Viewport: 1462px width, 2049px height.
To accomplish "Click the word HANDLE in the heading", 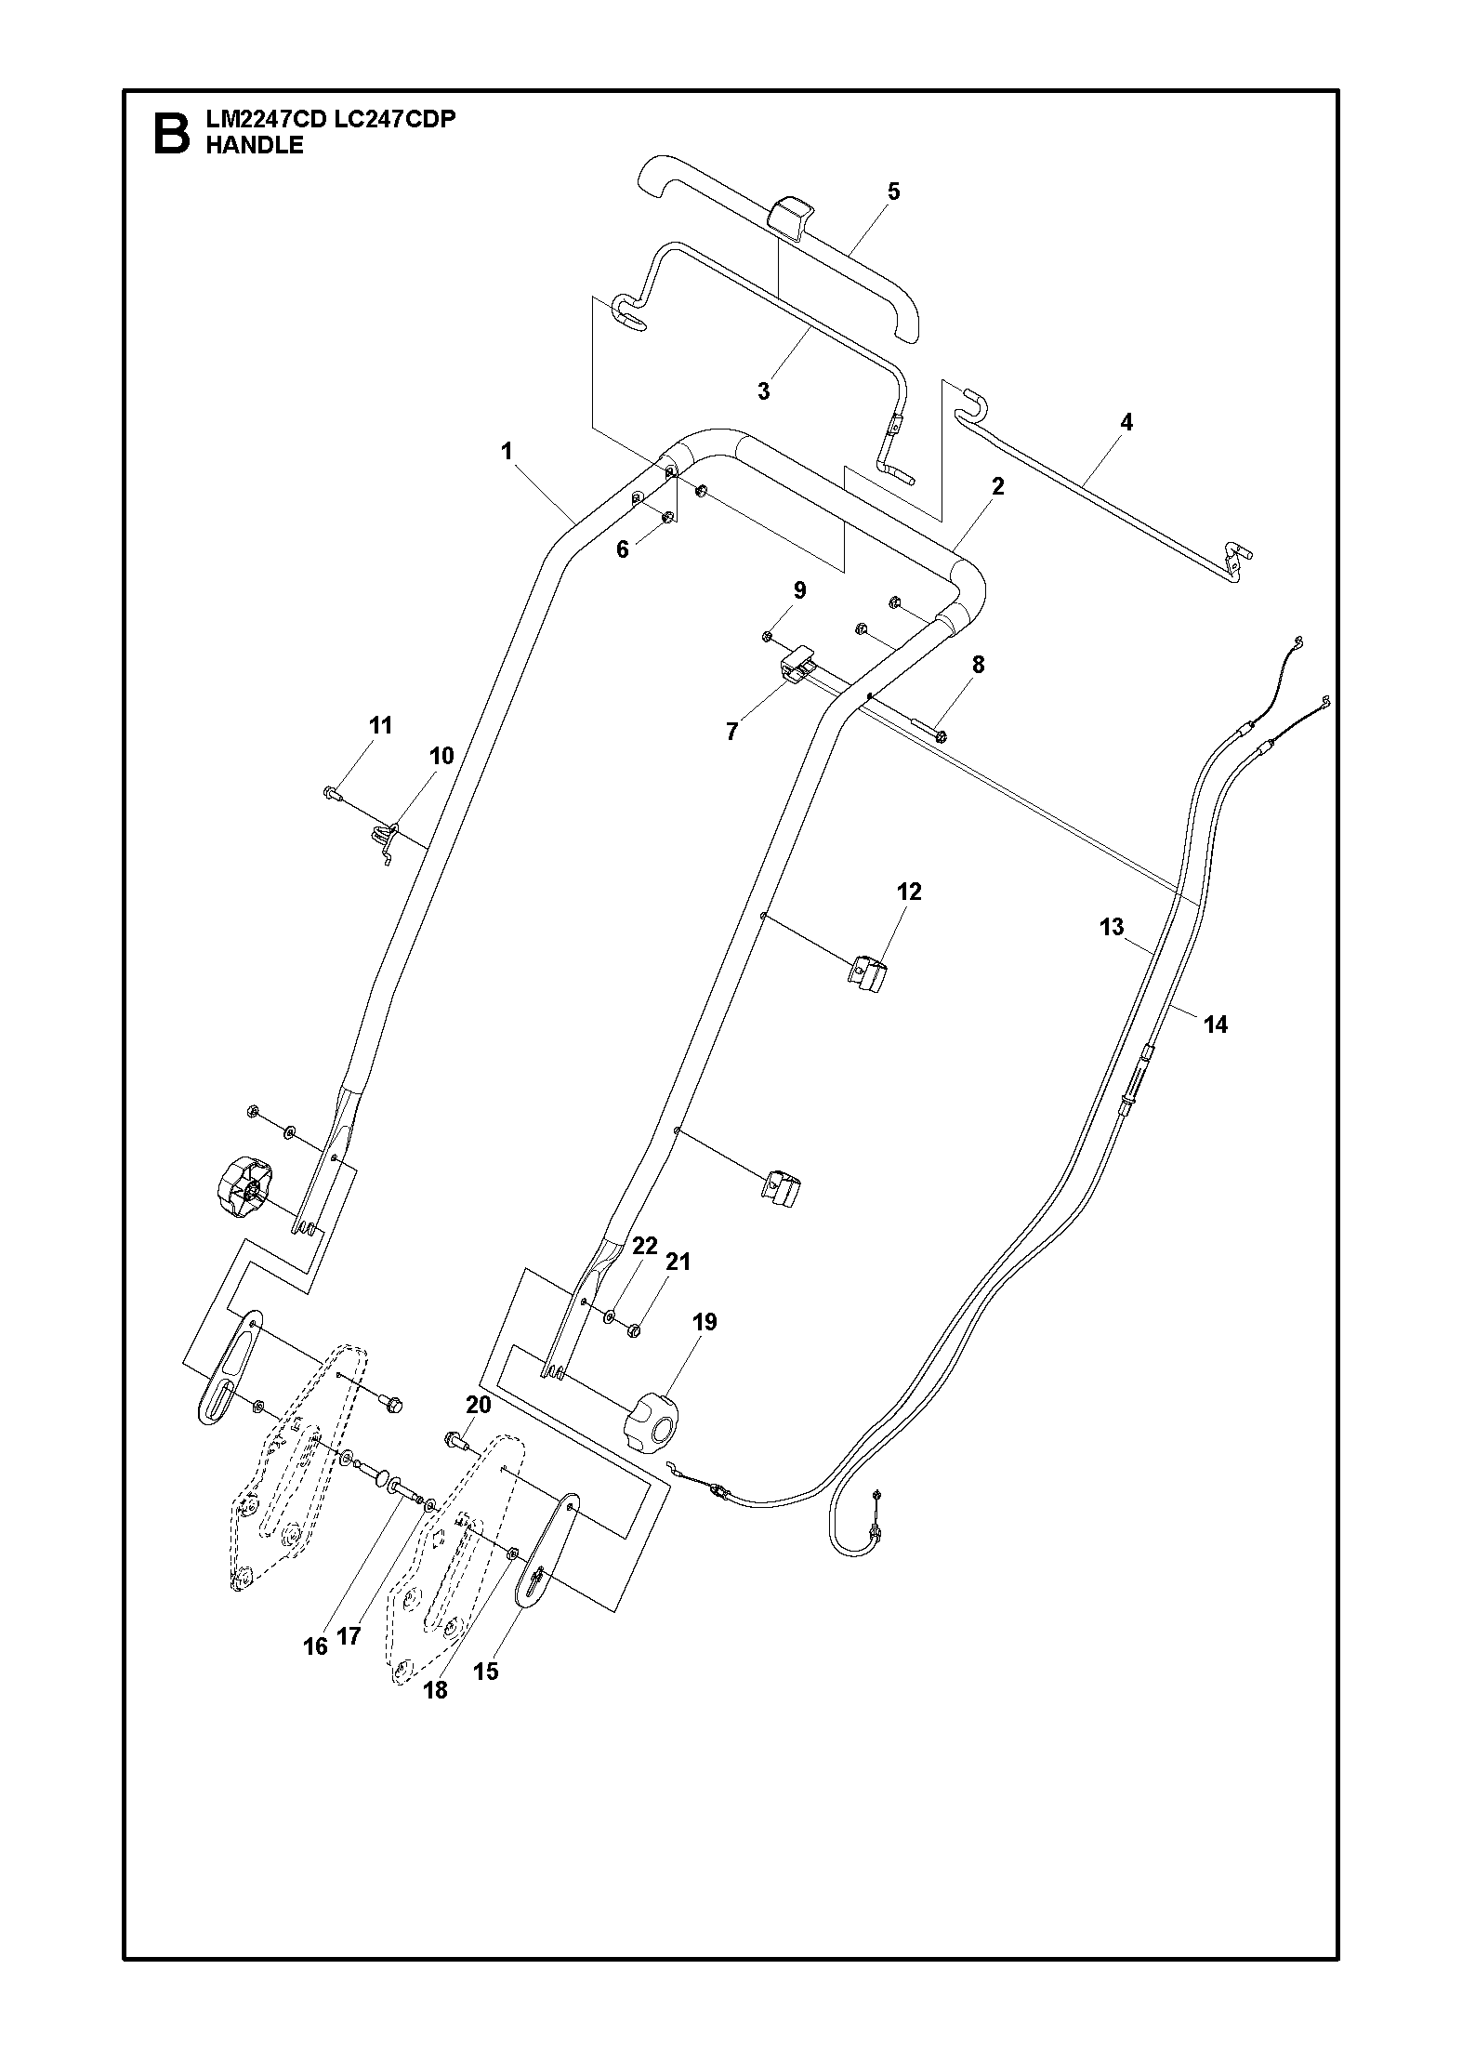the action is (x=254, y=145).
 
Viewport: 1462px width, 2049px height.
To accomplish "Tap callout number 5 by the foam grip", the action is (x=893, y=192).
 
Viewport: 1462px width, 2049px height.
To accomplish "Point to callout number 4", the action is (x=1126, y=422).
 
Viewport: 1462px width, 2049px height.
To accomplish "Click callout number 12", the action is (x=909, y=892).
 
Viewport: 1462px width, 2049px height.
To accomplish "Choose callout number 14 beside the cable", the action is (x=1216, y=1024).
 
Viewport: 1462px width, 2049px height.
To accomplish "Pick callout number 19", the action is (x=705, y=1322).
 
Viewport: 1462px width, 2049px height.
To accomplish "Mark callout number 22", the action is (x=645, y=1246).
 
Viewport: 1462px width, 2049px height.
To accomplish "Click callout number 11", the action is (x=380, y=725).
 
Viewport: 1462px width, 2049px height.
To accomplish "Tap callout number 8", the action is (x=978, y=665).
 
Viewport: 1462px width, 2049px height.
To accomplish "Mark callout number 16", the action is (x=316, y=1646).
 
